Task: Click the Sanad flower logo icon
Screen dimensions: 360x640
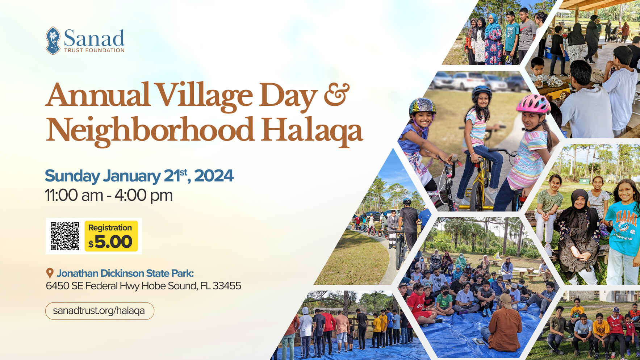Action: tap(53, 41)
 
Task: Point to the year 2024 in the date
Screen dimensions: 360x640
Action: tap(214, 176)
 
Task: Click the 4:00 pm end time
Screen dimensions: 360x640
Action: tap(143, 196)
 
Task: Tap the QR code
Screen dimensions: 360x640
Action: tap(65, 236)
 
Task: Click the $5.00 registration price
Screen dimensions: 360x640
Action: tap(110, 242)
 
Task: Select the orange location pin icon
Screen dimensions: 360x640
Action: tap(50, 273)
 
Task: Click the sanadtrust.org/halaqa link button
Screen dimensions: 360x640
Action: tap(99, 311)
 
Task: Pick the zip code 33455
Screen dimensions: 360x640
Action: tap(227, 286)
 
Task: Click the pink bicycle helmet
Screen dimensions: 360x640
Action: tap(533, 104)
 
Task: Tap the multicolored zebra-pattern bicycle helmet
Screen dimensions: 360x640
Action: tap(422, 106)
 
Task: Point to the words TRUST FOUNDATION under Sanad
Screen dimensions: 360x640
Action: tap(94, 50)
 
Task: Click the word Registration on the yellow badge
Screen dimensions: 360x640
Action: tap(110, 227)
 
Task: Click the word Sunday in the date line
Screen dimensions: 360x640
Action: tap(72, 176)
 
